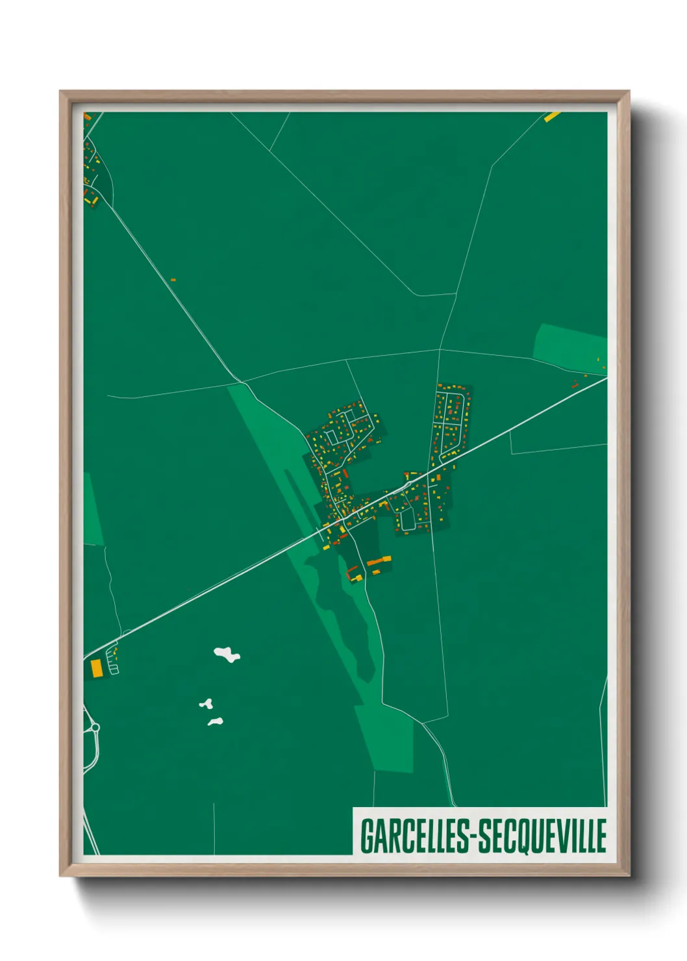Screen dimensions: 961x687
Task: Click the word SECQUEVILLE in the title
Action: coord(542,836)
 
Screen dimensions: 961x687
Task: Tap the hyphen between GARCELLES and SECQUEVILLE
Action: coord(473,837)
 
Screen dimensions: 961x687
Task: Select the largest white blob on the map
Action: coord(227,654)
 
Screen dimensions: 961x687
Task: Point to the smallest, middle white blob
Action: coord(206,704)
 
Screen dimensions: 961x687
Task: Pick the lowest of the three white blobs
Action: coord(216,721)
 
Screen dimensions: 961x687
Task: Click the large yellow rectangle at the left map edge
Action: coord(97,668)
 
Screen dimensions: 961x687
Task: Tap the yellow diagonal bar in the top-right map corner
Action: coord(552,117)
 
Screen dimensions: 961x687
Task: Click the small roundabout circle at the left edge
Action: coord(95,728)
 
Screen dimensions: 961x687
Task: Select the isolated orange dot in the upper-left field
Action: coord(173,280)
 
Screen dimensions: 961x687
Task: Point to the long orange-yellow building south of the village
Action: coord(379,560)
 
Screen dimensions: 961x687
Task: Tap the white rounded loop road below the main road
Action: coord(407,519)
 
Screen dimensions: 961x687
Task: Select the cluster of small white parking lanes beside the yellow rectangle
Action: coord(113,658)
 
